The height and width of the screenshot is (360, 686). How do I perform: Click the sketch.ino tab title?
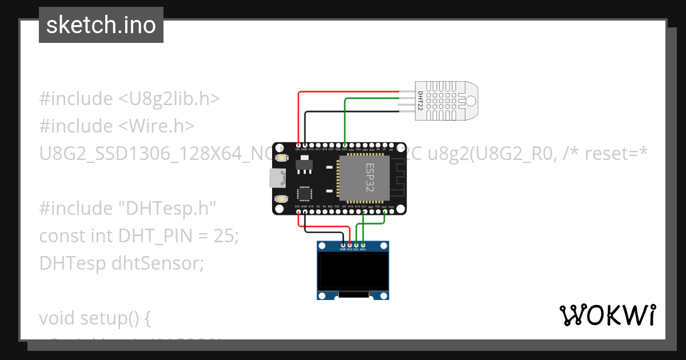click(x=101, y=25)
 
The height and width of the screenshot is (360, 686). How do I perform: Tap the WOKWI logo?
click(x=607, y=315)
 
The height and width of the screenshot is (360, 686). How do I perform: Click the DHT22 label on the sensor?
click(x=420, y=101)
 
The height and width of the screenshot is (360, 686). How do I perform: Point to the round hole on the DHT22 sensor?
click(x=470, y=101)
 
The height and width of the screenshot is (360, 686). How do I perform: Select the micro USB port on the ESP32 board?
click(x=279, y=178)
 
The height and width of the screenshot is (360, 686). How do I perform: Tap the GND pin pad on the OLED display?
click(x=342, y=245)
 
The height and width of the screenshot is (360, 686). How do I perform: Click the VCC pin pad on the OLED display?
click(x=349, y=245)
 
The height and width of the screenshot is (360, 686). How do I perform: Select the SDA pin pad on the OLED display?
click(x=363, y=245)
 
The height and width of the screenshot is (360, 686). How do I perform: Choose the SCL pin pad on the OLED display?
click(x=356, y=245)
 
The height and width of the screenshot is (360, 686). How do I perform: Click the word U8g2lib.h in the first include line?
click(x=169, y=99)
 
